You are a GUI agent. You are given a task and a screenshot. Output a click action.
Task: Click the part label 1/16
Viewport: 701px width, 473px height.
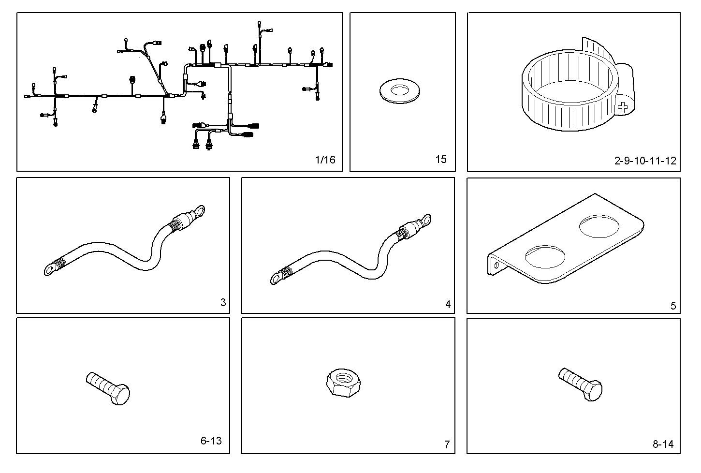(x=325, y=160)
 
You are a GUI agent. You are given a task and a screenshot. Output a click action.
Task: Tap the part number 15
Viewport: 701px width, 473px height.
(x=441, y=159)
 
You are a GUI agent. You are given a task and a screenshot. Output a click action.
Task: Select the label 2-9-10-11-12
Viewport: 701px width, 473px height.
(x=645, y=161)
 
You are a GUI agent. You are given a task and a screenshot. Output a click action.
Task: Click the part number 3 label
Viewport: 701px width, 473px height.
(x=223, y=303)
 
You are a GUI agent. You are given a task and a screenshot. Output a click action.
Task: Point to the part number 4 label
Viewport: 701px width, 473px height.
(x=448, y=304)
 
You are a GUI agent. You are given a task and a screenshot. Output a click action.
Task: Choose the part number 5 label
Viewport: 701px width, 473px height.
(x=673, y=306)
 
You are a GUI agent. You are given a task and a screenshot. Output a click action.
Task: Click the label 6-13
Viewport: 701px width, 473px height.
(x=211, y=441)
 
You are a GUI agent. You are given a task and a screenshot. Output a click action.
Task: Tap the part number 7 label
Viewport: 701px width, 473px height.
(x=447, y=444)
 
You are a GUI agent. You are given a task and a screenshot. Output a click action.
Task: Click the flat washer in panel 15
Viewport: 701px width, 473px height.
(x=400, y=91)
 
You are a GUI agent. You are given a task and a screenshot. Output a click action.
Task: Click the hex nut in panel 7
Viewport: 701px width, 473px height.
(x=343, y=383)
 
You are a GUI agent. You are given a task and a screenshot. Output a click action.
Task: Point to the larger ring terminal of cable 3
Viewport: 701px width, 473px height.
(x=198, y=211)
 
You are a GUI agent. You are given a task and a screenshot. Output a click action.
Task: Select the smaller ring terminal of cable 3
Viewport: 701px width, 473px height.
(x=49, y=269)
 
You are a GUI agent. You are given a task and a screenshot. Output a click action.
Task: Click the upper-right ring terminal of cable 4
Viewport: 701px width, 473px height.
(x=425, y=220)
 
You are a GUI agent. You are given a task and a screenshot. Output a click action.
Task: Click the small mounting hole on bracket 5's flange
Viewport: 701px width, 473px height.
(x=496, y=265)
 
